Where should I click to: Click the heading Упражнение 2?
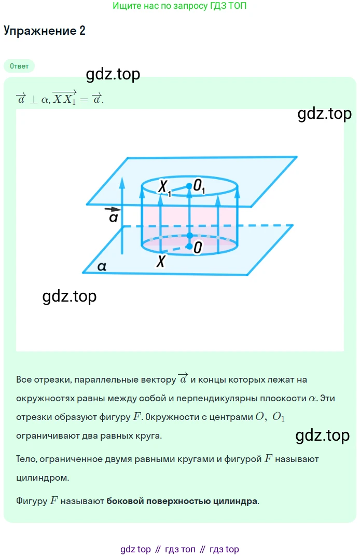coord(45,31)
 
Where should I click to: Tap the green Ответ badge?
coord(19,66)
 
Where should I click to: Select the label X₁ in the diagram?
coord(164,187)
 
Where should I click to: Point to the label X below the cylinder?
coord(161,261)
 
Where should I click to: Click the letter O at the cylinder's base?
coord(198,248)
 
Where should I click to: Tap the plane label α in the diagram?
coord(102,266)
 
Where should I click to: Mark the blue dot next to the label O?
coord(189,247)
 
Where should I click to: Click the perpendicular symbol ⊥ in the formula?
coord(34,100)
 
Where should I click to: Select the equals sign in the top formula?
coord(84,100)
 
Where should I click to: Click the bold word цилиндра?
coord(235,501)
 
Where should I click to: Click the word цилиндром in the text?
coord(43,478)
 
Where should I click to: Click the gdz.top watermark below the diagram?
coord(69,296)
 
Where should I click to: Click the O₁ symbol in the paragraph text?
coord(279,417)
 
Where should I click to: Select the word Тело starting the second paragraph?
coord(26,459)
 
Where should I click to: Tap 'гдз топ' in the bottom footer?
coord(180,549)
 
